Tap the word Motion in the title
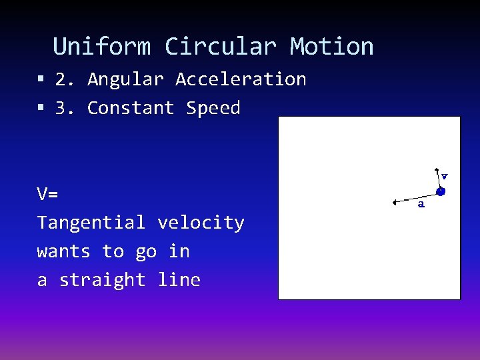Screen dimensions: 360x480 point(331,47)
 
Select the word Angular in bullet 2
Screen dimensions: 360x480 point(125,79)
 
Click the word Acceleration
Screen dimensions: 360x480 point(241,79)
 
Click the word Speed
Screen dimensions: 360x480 point(213,108)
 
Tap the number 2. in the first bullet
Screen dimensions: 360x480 point(65,79)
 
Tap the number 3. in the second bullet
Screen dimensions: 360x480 point(65,108)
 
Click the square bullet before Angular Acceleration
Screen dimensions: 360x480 point(41,79)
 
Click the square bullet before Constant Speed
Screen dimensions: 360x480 point(41,108)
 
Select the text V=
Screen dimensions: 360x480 point(47,195)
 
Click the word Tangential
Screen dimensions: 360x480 point(91,223)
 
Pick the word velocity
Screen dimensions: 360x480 point(201,223)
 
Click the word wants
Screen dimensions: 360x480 point(63,251)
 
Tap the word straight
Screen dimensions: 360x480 point(102,280)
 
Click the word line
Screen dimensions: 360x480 point(179,280)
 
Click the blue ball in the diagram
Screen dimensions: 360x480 point(441,191)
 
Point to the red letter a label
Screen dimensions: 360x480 point(421,205)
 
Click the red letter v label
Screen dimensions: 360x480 point(445,176)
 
